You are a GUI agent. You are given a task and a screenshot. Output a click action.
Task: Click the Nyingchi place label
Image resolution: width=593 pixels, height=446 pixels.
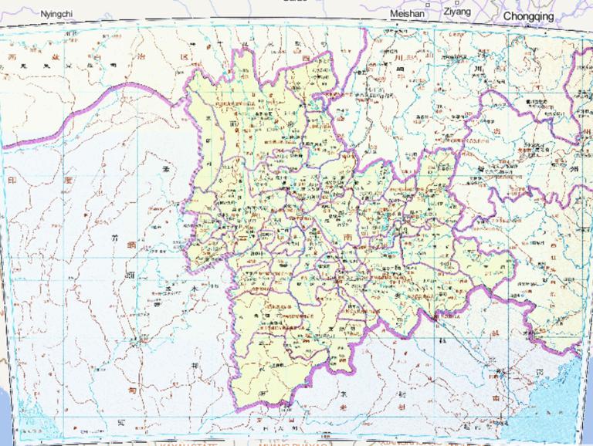tap(56, 14)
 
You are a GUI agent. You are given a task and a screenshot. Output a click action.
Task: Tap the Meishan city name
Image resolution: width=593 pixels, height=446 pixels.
tap(407, 14)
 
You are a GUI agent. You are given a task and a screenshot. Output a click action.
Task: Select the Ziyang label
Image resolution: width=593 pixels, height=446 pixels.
tap(456, 12)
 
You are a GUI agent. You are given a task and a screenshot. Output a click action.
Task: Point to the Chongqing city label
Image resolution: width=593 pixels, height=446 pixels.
tap(528, 15)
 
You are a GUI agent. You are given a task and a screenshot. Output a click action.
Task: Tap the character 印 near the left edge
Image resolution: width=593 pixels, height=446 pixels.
tap(11, 180)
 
